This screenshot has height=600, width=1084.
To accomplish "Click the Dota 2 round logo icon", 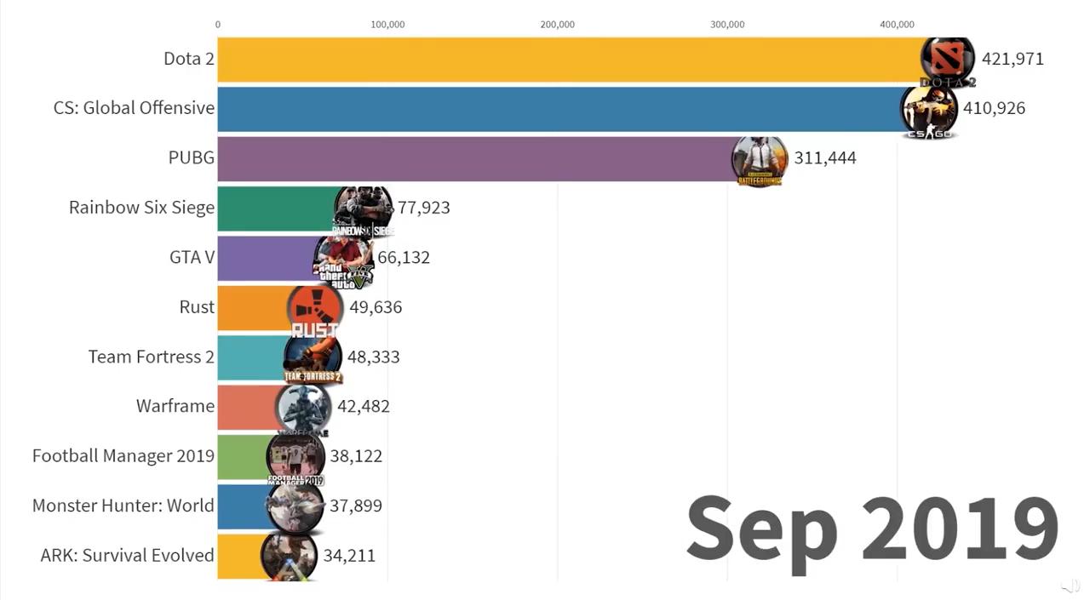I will pyautogui.click(x=947, y=60).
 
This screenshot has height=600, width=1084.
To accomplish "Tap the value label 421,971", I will pyautogui.click(x=1012, y=59).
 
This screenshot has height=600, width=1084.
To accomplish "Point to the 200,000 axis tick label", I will pyautogui.click(x=557, y=25).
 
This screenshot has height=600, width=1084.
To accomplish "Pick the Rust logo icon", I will pyautogui.click(x=314, y=309).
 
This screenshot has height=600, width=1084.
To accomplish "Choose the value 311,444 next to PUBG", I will pyautogui.click(x=824, y=157).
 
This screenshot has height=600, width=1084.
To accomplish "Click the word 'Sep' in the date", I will pyautogui.click(x=761, y=528).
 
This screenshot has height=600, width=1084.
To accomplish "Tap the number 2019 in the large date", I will pyautogui.click(x=960, y=528).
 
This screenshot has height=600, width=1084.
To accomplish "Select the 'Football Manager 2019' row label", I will pyautogui.click(x=123, y=456).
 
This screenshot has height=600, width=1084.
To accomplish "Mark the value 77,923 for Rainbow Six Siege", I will pyautogui.click(x=423, y=208).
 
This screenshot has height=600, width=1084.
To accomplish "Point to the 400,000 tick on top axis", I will pyautogui.click(x=897, y=25).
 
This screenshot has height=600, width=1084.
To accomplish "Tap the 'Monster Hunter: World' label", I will pyautogui.click(x=123, y=506).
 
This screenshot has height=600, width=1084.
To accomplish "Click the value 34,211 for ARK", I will pyautogui.click(x=349, y=556).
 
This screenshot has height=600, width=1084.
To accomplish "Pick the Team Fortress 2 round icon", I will pyautogui.click(x=313, y=358).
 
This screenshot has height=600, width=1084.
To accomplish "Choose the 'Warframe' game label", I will pyautogui.click(x=175, y=406).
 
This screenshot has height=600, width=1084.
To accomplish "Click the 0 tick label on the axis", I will pyautogui.click(x=218, y=25).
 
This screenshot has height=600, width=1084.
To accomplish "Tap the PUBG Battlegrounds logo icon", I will pyautogui.click(x=759, y=160).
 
